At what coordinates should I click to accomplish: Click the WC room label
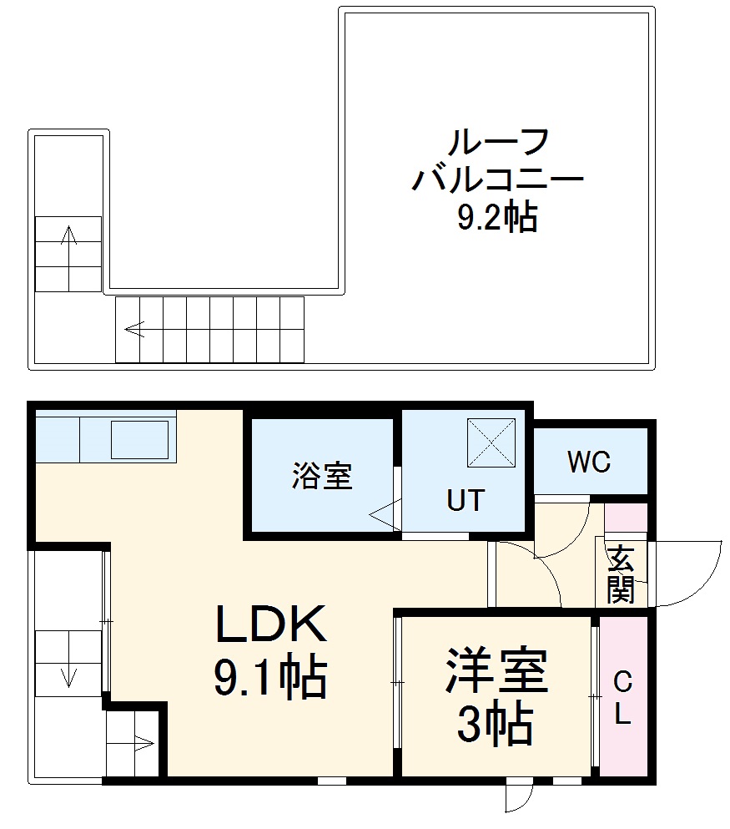coord(589,461)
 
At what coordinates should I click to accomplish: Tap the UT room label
coord(465,500)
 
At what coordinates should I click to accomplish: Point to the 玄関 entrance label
coord(621,574)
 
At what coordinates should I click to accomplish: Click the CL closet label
coord(622,699)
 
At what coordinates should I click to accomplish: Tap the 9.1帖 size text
coord(270,678)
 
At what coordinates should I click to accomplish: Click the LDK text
coord(269,624)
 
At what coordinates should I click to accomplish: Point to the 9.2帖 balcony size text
coord(496,218)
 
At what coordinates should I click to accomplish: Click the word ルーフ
coord(498,143)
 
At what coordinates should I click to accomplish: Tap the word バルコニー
coord(497,180)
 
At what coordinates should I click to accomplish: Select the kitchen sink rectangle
coord(139,439)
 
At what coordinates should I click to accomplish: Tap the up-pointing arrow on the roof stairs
coord(68,238)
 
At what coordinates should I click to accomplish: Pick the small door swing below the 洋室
coord(517,797)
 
